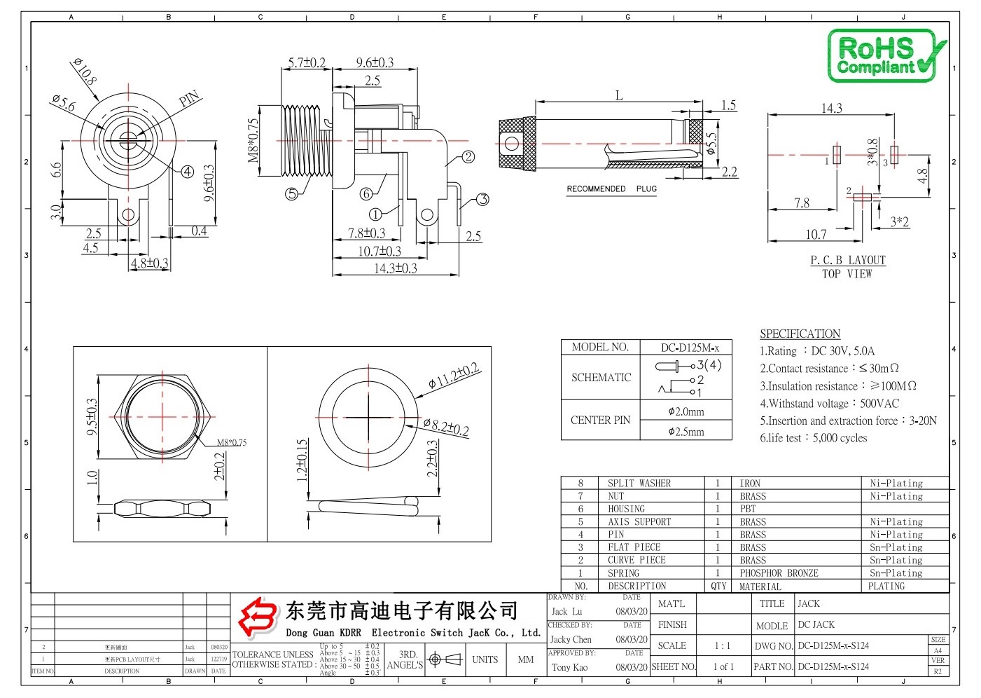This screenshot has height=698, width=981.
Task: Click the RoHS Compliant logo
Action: point(885,55)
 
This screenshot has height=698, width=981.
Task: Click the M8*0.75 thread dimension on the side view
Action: point(253,139)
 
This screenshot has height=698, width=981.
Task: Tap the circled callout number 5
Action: point(292,194)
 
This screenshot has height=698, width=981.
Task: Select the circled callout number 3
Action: point(482,200)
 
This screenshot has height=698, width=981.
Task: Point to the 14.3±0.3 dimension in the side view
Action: point(395,268)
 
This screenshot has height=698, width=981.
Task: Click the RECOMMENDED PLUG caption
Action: point(611,189)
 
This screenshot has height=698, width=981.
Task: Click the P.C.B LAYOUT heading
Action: point(847,260)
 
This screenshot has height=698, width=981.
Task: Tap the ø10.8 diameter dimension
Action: point(85,71)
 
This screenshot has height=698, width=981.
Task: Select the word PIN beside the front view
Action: point(189,99)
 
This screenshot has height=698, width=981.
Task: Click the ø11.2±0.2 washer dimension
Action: point(454,376)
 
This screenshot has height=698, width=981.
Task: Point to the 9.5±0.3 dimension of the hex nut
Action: point(92,418)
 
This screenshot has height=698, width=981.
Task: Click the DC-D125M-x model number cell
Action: point(690,348)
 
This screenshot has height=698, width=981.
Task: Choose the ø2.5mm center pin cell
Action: point(686,432)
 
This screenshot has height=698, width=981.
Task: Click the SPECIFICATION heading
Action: point(800,334)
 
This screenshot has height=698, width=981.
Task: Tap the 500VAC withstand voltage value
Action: point(879,404)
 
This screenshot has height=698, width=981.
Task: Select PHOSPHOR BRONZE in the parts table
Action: point(779,573)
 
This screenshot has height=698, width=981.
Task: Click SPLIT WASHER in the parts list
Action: point(639,484)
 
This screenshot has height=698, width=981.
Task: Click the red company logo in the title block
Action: point(257,617)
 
